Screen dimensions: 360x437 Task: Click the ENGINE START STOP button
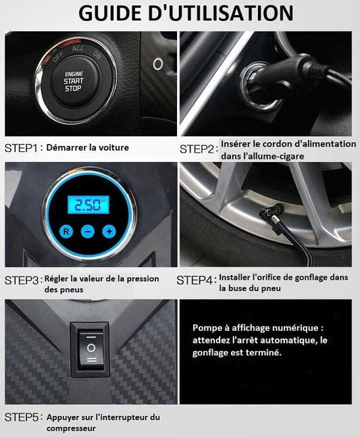click(x=74, y=81)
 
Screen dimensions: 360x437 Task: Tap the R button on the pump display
click(x=66, y=231)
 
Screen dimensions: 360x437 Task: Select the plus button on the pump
click(x=109, y=231)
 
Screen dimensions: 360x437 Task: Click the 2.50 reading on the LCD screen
click(x=88, y=205)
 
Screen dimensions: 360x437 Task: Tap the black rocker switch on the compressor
click(x=91, y=350)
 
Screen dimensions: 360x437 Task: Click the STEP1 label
click(x=21, y=149)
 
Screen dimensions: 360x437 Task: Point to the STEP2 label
click(x=197, y=149)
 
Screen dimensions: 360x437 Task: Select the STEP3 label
click(x=22, y=281)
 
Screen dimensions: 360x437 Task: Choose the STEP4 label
click(x=195, y=280)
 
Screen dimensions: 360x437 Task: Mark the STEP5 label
click(x=22, y=417)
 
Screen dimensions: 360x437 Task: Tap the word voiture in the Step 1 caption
click(x=114, y=147)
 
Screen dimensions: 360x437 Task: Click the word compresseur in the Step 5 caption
click(x=71, y=428)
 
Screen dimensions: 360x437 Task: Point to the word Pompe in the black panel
click(x=205, y=328)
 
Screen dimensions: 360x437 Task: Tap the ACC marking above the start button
click(x=78, y=49)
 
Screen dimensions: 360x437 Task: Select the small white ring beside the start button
click(x=157, y=64)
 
